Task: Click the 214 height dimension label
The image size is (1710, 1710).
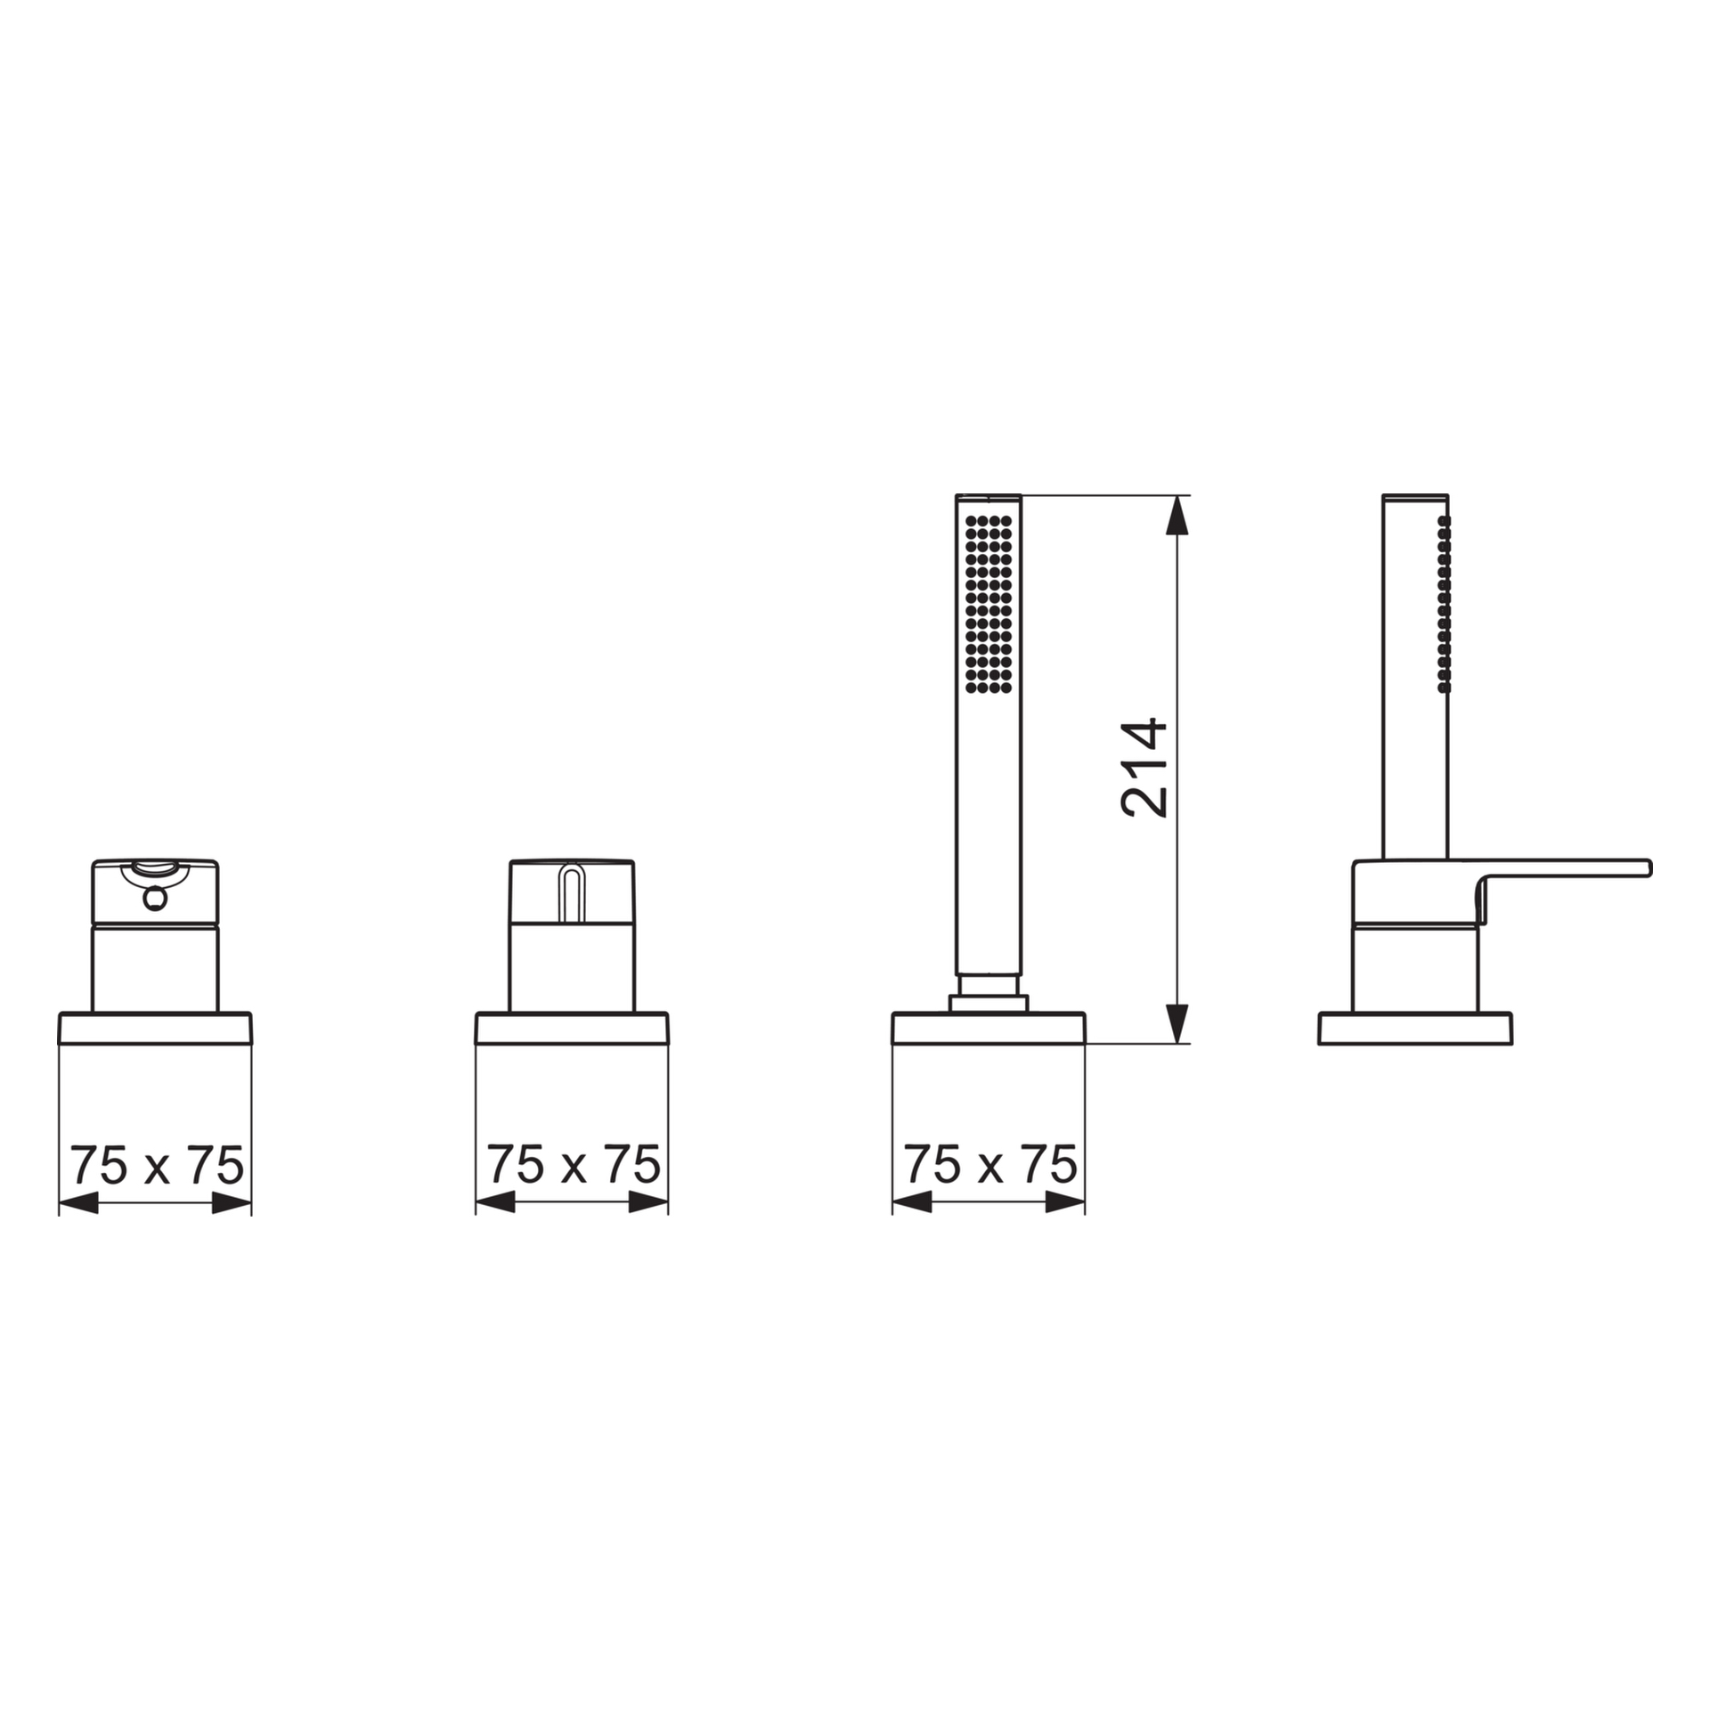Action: click(x=1144, y=768)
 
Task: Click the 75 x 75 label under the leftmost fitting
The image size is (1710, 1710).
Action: click(x=157, y=1166)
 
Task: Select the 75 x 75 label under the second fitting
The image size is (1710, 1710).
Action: click(x=574, y=1166)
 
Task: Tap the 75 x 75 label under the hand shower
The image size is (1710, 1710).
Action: click(x=990, y=1166)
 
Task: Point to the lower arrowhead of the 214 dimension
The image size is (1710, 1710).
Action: click(x=1177, y=1023)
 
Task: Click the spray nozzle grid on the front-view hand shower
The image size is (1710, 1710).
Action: click(x=989, y=604)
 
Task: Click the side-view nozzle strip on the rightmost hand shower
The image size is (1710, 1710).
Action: click(x=1444, y=604)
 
